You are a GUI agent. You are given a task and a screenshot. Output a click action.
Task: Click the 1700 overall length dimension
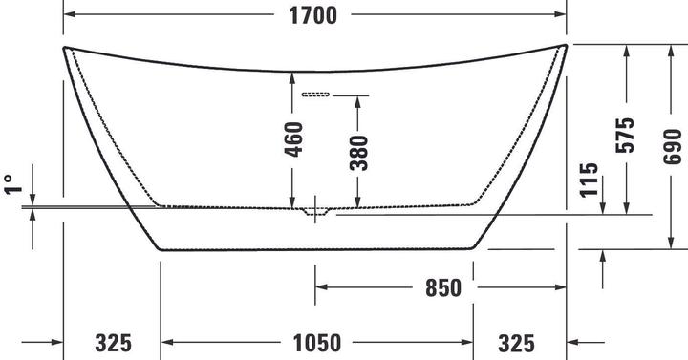312,15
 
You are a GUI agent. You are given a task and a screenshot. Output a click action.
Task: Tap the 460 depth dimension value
293,139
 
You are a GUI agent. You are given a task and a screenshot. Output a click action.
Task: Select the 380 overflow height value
358,153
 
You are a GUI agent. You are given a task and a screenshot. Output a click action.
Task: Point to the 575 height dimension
625,135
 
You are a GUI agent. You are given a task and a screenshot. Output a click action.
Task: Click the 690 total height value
672,146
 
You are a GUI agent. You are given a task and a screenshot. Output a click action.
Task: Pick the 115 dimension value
589,180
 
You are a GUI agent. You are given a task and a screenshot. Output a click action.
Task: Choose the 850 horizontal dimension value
443,288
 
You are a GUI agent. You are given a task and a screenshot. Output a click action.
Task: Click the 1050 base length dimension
317,343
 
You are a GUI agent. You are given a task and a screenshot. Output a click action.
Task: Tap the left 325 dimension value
113,343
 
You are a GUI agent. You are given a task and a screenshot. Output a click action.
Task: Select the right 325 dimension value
516,343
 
